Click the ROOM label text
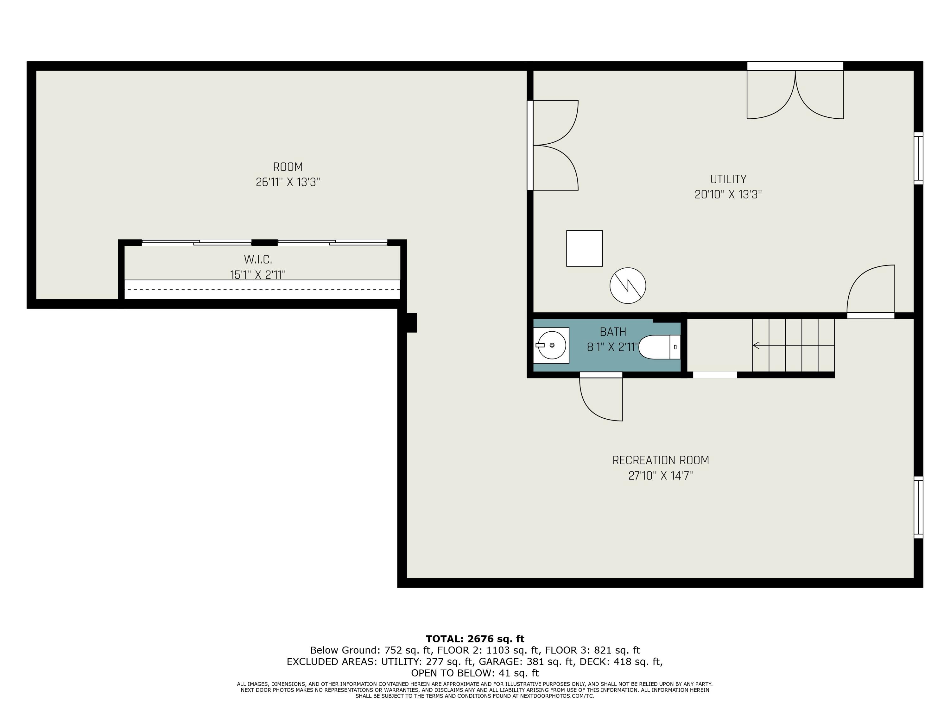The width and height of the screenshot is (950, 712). [x=288, y=167]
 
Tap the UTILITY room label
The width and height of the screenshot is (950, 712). [x=728, y=179]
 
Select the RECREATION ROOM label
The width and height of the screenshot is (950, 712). [x=661, y=460]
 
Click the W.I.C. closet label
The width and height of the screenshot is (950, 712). [x=258, y=260]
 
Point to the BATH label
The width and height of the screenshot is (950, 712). [x=613, y=332]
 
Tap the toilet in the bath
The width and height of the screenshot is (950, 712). [x=657, y=347]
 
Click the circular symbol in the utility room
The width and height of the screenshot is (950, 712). [x=627, y=286]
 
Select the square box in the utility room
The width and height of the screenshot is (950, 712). [x=584, y=248]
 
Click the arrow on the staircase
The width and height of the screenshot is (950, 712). [x=756, y=345]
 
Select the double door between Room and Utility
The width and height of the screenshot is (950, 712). [x=554, y=145]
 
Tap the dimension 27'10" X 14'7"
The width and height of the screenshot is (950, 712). [x=661, y=476]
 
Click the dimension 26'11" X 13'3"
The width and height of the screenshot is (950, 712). [x=288, y=182]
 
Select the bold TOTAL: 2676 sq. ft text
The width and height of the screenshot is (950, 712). [x=475, y=639]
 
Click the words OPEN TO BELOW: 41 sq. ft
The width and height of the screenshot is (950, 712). [x=475, y=673]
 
